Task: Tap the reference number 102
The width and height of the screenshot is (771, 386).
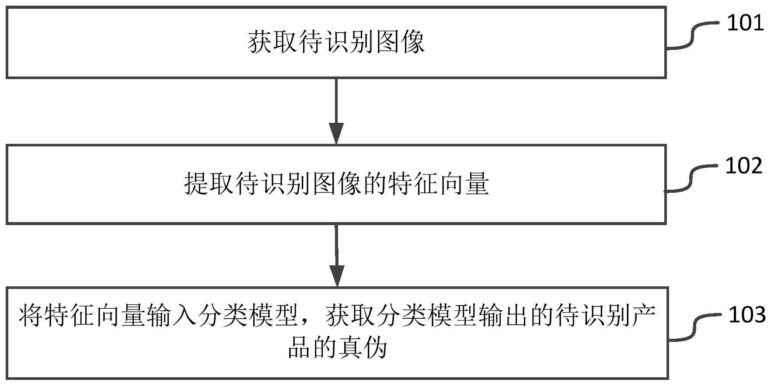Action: [744, 166]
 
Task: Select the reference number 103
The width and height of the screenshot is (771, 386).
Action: [747, 315]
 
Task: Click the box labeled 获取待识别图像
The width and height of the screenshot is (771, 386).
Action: [336, 42]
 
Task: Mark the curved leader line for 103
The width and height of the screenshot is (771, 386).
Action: [695, 327]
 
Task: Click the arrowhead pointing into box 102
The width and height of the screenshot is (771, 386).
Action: [336, 134]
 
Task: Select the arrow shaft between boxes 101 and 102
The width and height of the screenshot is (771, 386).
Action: [336, 101]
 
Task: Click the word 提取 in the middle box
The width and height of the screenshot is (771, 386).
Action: [209, 184]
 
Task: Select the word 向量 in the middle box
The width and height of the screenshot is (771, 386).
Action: [464, 184]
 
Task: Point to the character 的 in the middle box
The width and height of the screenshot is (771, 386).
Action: [374, 184]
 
